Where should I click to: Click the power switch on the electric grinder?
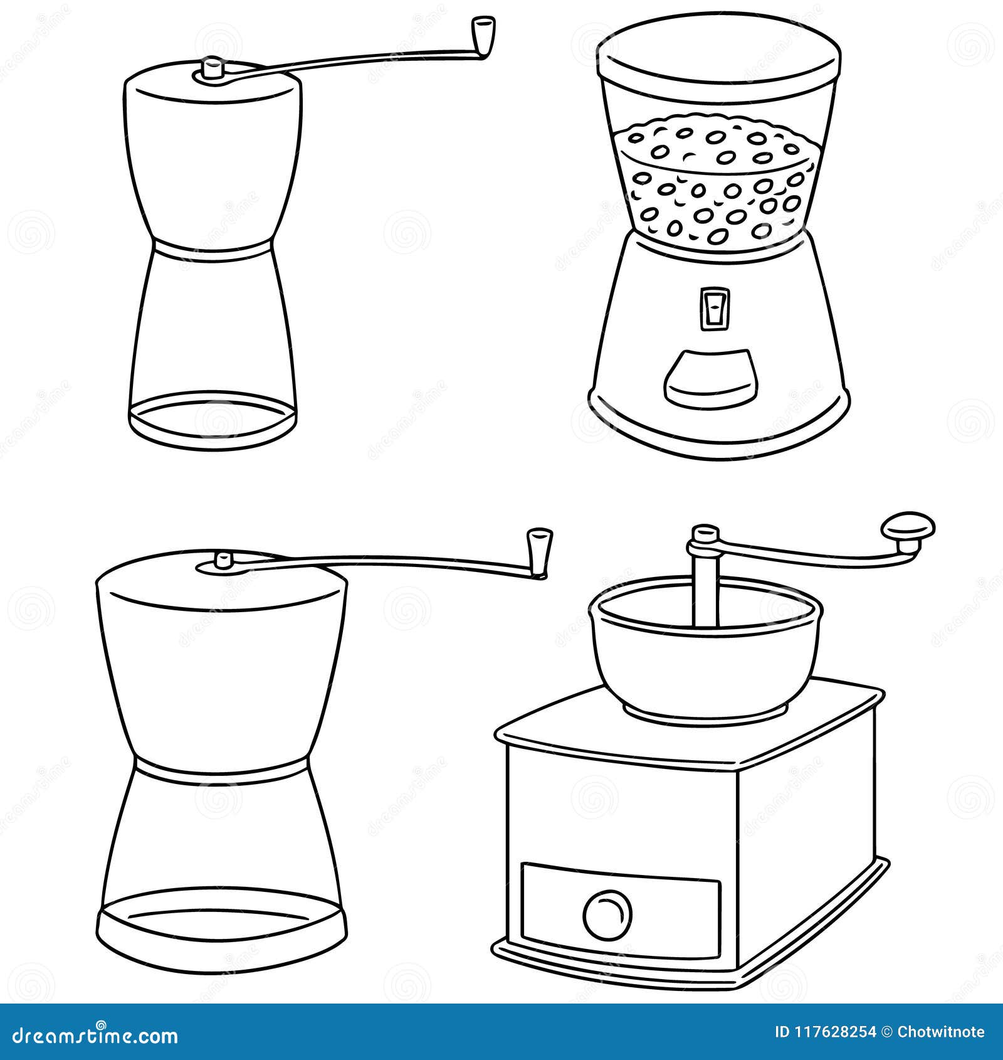point(715,308)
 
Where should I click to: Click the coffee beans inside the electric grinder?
point(715,182)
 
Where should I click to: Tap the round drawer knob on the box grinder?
point(607,913)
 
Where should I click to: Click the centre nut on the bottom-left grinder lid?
point(222,559)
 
